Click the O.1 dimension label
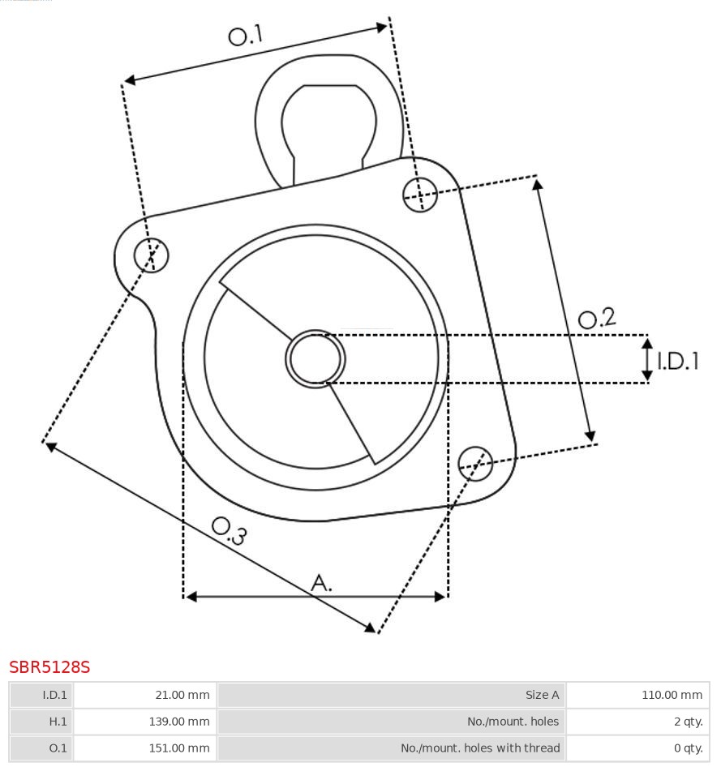246,35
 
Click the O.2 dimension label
597,318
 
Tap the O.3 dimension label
229,530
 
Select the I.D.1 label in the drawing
678,361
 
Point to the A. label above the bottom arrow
322,582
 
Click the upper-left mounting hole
152,255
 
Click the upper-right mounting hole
420,194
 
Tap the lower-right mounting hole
475,462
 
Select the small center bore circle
315,358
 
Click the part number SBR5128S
49,667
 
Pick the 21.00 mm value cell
145,695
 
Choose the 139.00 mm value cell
145,722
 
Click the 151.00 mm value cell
145,748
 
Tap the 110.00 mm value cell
637,695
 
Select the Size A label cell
392,695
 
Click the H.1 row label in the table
41,722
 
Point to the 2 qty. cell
637,722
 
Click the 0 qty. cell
637,748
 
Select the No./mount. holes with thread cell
392,748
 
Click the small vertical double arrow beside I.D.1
647,359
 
